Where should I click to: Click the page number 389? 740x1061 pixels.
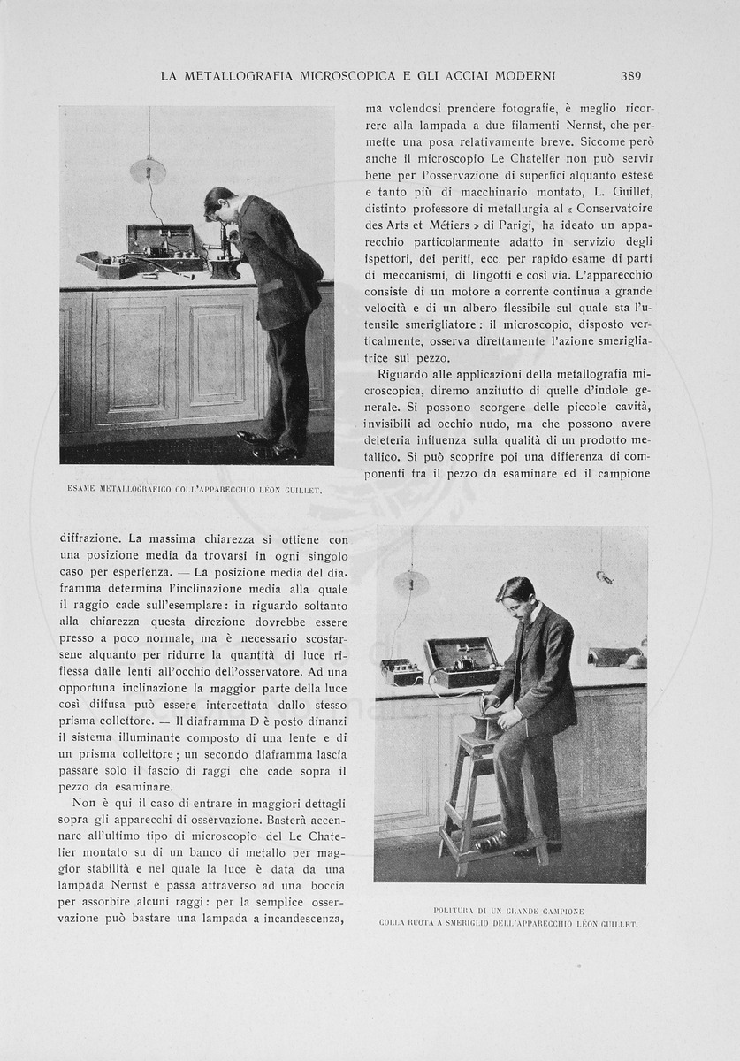click(x=631, y=76)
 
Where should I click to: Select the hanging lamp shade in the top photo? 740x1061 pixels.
click(x=148, y=170)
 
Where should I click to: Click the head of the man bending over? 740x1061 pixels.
click(x=217, y=202)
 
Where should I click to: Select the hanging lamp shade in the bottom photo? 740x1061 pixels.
click(x=411, y=582)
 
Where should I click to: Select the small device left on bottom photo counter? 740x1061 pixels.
click(x=401, y=672)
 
